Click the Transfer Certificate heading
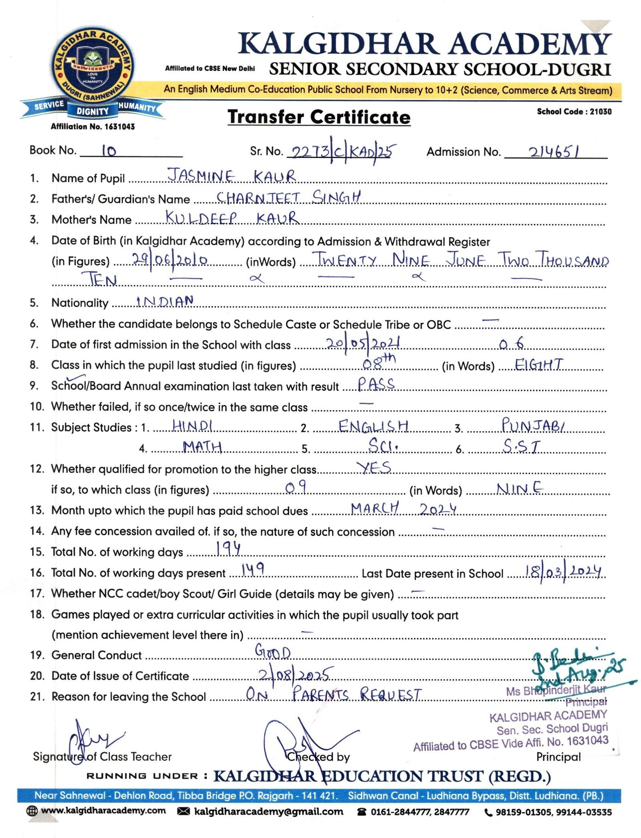319,117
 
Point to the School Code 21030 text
574,111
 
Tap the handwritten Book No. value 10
109,151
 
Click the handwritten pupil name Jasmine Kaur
232,176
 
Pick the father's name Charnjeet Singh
288,197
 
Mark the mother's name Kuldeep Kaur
232,218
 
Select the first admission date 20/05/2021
363,344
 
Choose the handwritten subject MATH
202,446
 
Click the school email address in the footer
268,812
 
